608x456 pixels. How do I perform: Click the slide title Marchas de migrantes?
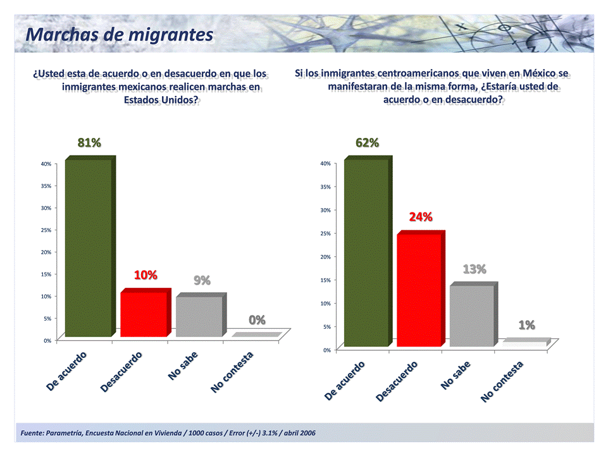(119, 34)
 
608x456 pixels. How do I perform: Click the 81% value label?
(89, 143)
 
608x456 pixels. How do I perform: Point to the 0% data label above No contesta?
(257, 320)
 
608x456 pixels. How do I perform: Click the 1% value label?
(527, 325)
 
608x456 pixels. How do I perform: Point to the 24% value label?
(421, 217)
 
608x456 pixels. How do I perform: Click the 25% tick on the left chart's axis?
(46, 230)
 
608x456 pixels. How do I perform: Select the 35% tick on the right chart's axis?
(325, 187)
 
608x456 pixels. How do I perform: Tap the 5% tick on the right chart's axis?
(326, 327)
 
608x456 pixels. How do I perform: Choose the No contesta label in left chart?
(233, 373)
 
